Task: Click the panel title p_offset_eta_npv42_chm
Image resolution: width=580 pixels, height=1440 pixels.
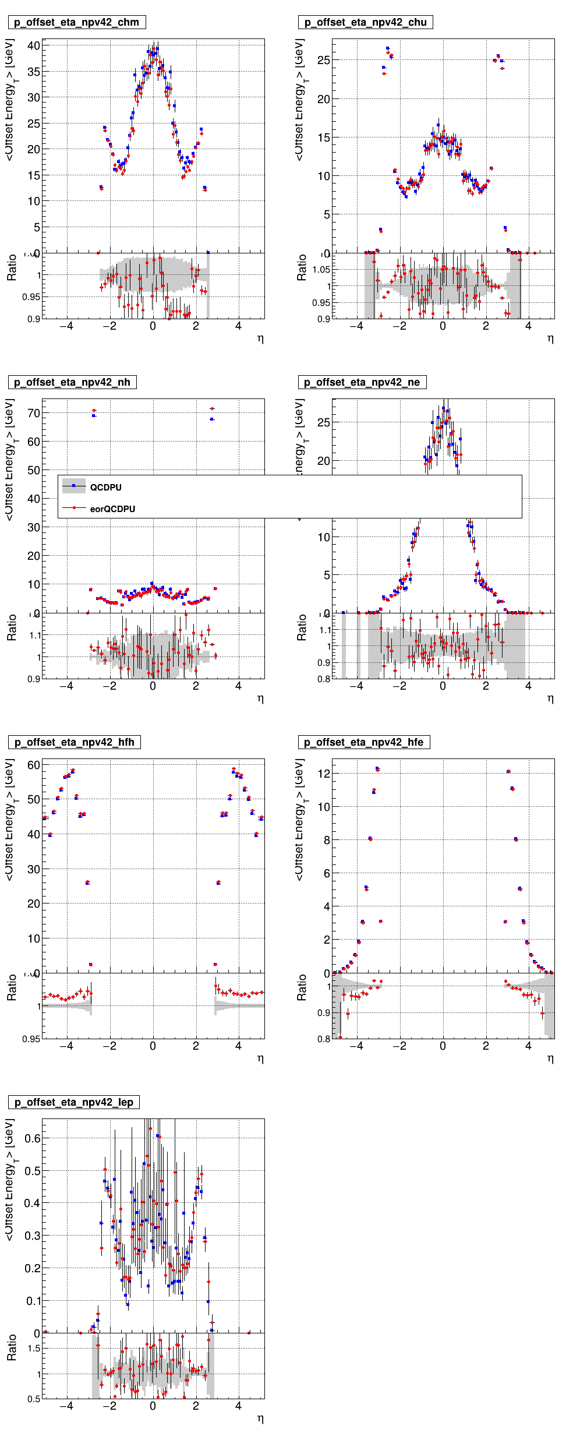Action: pyautogui.click(x=76, y=22)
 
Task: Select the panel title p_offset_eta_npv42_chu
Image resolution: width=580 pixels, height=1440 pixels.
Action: pyautogui.click(x=366, y=22)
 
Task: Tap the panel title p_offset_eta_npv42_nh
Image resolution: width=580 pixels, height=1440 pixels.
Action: pyautogui.click(x=72, y=382)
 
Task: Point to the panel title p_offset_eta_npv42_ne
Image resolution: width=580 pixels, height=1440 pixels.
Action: pyautogui.click(x=362, y=382)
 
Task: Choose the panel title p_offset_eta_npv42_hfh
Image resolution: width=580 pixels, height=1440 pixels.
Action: pyautogui.click(x=74, y=742)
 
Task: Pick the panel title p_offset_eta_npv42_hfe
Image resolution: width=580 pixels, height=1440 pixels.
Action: pyautogui.click(x=364, y=742)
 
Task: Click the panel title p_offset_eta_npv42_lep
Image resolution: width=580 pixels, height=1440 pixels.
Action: pyautogui.click(x=73, y=1102)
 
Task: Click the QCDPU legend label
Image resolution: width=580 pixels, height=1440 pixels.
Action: pyautogui.click(x=106, y=488)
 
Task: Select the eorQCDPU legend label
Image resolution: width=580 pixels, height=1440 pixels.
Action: pyautogui.click(x=112, y=509)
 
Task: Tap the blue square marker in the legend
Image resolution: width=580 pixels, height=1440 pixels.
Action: pyautogui.click(x=74, y=486)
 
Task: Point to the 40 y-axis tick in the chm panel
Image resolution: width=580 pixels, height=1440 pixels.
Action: pyautogui.click(x=34, y=46)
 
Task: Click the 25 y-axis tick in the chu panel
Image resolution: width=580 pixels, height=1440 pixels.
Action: pyautogui.click(x=324, y=60)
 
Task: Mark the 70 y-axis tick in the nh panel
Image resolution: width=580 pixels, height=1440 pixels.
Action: pyautogui.click(x=34, y=414)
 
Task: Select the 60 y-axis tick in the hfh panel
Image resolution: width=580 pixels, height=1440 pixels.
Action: pyautogui.click(x=34, y=765)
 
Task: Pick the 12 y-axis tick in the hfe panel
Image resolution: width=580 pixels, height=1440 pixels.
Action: pyautogui.click(x=324, y=774)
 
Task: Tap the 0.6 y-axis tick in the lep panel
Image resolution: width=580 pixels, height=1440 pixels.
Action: pyautogui.click(x=33, y=1139)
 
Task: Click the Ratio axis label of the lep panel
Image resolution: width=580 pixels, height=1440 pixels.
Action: pyautogui.click(x=12, y=1360)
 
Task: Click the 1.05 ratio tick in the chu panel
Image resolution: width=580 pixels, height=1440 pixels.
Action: pyautogui.click(x=321, y=270)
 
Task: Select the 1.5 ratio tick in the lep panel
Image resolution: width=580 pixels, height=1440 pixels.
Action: pyautogui.click(x=34, y=1349)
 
